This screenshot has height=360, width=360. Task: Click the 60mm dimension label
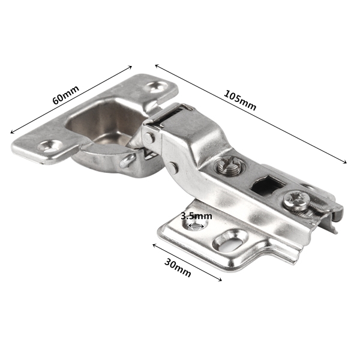click(x=66, y=95)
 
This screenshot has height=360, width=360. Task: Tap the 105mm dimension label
click(x=240, y=101)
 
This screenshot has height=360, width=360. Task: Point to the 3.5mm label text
click(x=196, y=216)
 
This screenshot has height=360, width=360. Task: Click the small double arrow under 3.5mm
click(x=196, y=226)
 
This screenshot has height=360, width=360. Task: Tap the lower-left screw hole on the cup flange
click(x=49, y=147)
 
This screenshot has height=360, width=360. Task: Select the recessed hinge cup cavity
click(x=103, y=122)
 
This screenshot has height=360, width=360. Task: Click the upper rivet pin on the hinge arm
click(x=149, y=137)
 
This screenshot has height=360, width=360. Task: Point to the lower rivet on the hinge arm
click(x=173, y=167)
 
